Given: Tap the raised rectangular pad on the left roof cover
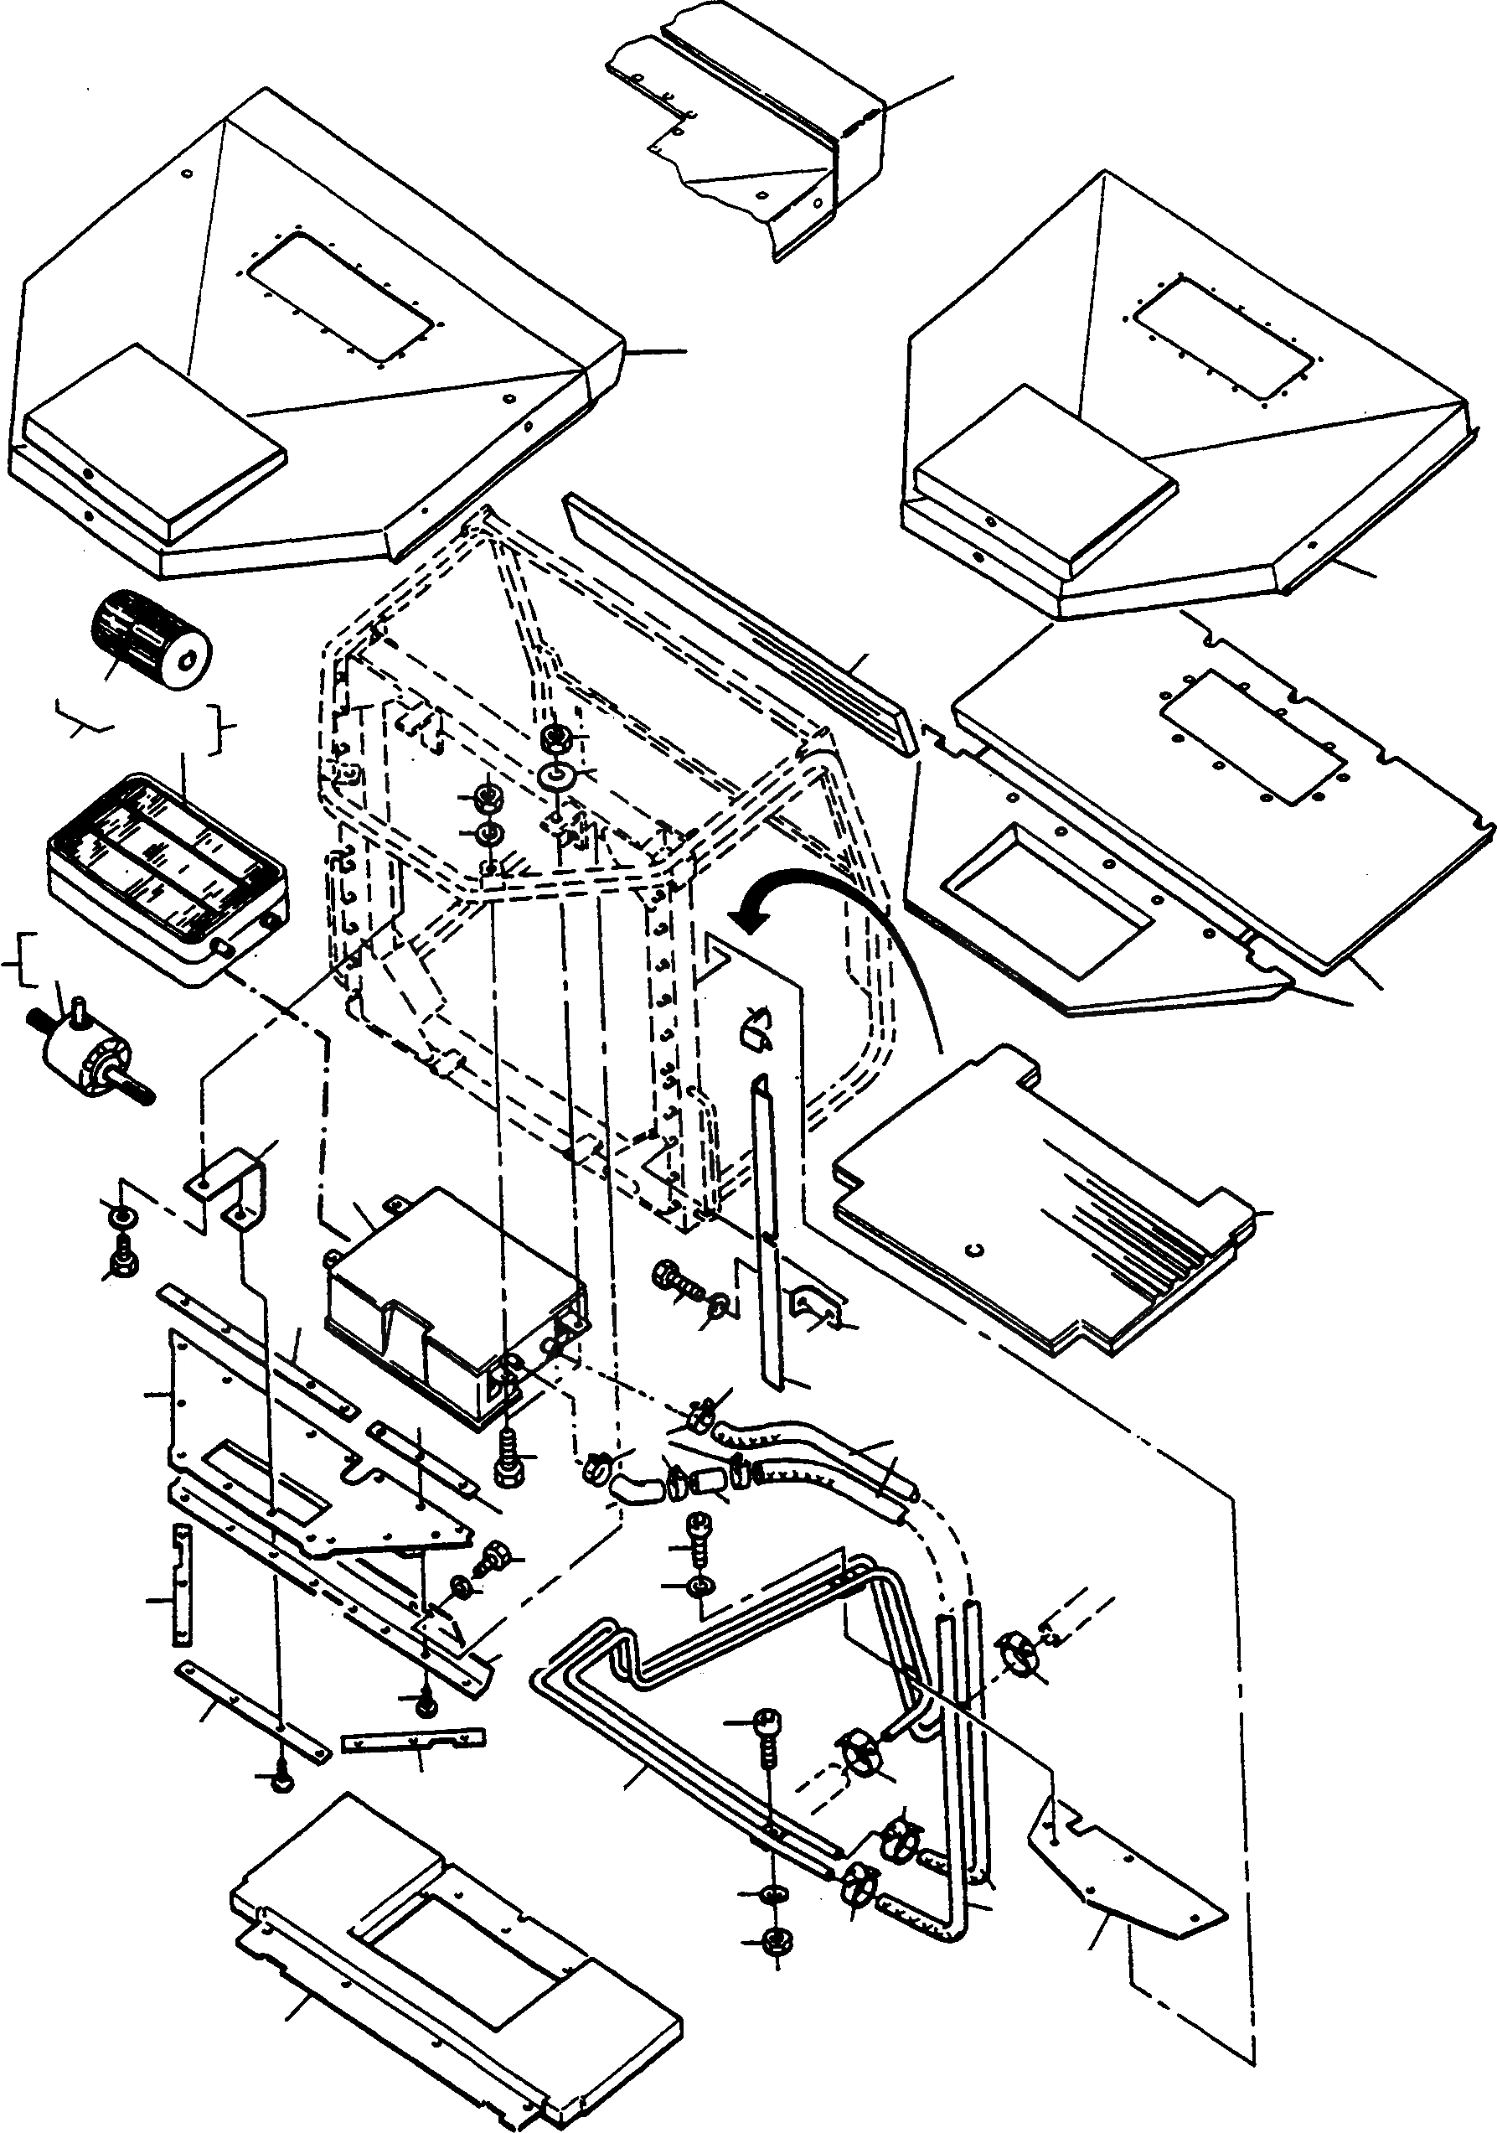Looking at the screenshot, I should [x=153, y=443].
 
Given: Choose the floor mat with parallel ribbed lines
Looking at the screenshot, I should [x=1050, y=1199].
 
